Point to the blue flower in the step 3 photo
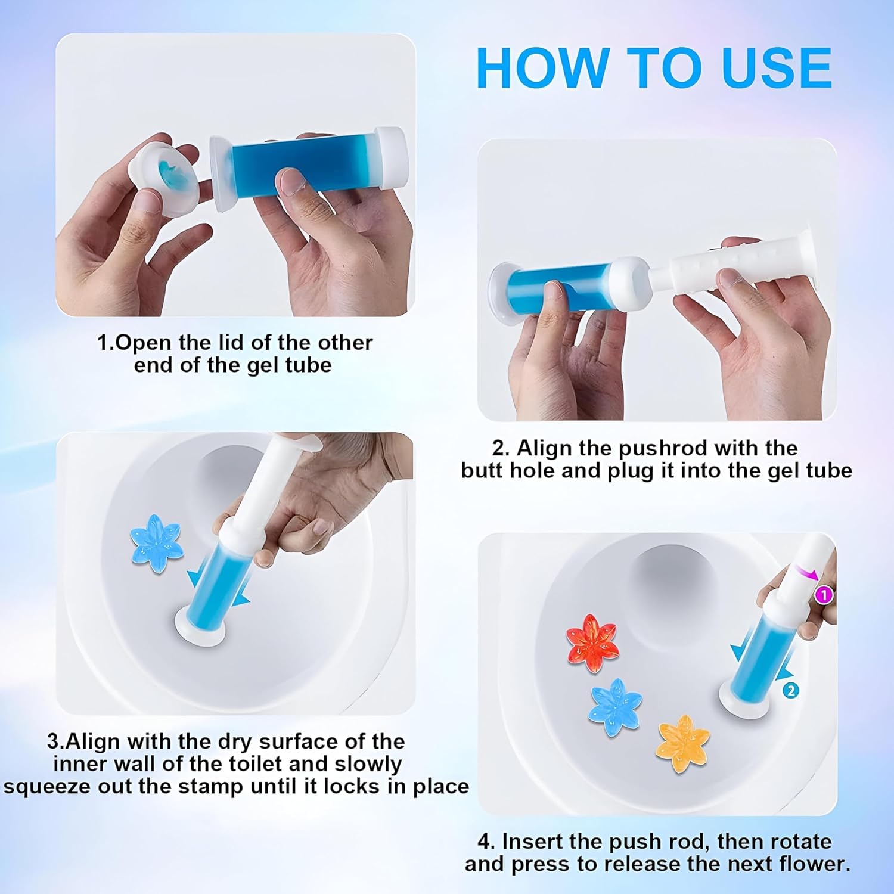[155, 543]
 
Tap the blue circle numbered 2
[790, 691]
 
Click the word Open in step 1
[144, 343]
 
